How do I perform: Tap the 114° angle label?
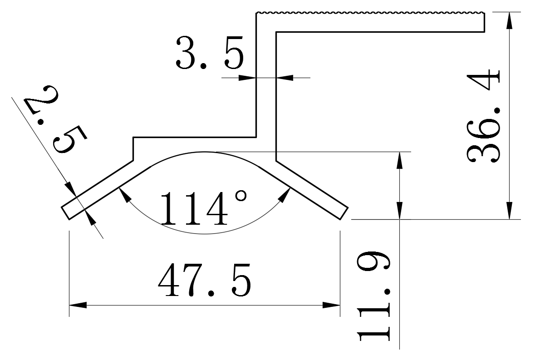coord(204,208)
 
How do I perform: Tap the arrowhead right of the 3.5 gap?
coord(285,78)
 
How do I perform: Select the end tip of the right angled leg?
coord(344,214)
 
